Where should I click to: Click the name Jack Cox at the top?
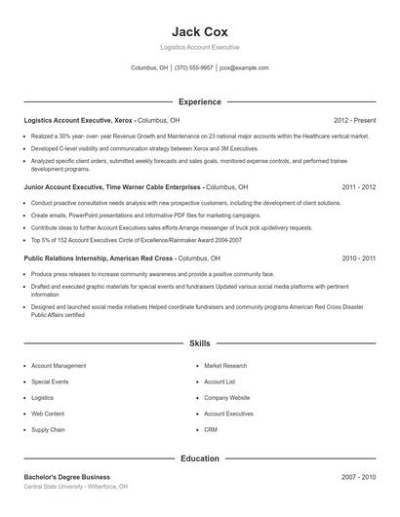199,30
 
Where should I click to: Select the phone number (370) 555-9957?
194,68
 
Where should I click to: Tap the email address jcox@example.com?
244,68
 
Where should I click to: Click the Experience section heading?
199,101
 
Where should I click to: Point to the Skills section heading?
199,343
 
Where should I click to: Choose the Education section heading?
199,457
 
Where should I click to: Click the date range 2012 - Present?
354,120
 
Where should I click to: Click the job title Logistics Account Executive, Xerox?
80,120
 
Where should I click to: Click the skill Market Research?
226,365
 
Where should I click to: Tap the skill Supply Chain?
48,429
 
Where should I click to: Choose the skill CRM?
211,429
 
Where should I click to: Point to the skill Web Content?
48,414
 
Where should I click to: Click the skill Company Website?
227,398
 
